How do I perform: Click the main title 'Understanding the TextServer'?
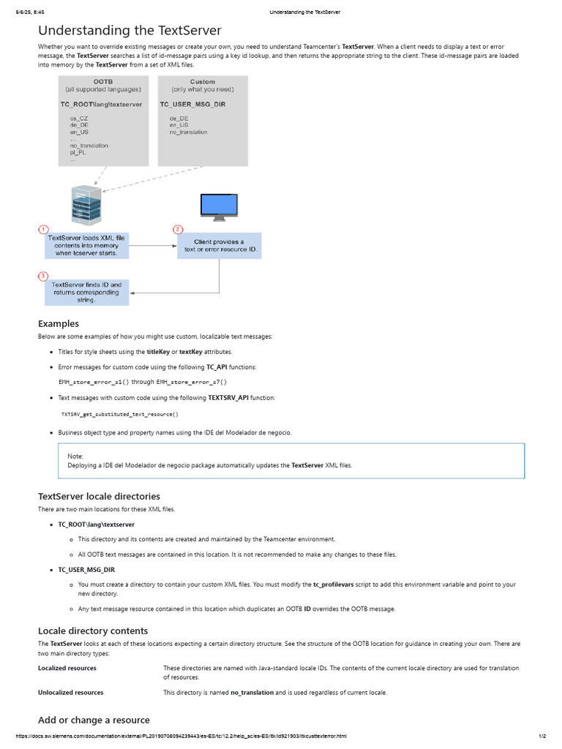point(130,30)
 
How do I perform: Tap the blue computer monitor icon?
point(220,206)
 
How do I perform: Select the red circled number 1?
point(44,230)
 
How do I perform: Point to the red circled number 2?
point(177,230)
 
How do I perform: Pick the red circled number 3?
point(44,276)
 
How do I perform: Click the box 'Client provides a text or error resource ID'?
point(220,246)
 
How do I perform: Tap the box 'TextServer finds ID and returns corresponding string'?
point(86,291)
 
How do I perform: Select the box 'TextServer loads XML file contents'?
point(86,246)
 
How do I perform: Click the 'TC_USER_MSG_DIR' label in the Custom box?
point(192,105)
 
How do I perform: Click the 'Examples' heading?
point(59,323)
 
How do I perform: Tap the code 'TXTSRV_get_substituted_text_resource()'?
point(119,414)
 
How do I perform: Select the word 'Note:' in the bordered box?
point(75,456)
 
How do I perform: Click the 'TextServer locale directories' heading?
point(99,496)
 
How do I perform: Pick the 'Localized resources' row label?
point(67,668)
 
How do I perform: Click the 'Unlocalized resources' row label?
point(71,692)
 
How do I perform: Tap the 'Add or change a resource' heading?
point(94,720)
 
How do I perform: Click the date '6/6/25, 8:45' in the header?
point(29,12)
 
